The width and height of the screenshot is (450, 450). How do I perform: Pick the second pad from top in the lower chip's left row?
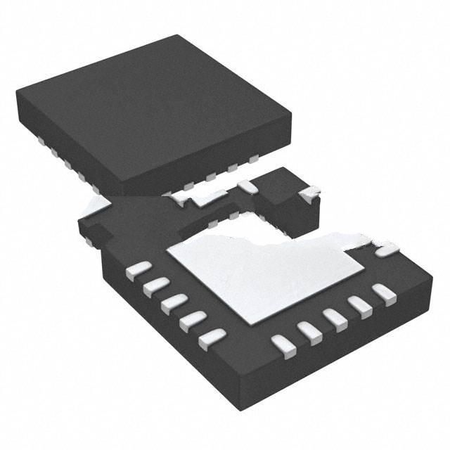click(x=155, y=287)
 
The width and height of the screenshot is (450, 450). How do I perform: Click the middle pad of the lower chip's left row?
click(x=172, y=304)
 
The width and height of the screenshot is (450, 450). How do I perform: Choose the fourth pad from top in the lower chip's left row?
click(x=191, y=322)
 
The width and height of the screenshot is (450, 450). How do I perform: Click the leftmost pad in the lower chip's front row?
click(x=281, y=345)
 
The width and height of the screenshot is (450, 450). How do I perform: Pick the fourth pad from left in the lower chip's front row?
click(x=361, y=303)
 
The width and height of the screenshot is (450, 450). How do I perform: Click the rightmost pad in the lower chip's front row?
click(x=384, y=291)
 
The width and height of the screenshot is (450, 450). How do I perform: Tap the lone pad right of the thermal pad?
click(x=386, y=250)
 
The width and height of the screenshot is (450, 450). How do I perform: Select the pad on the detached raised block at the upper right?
click(x=309, y=191)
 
